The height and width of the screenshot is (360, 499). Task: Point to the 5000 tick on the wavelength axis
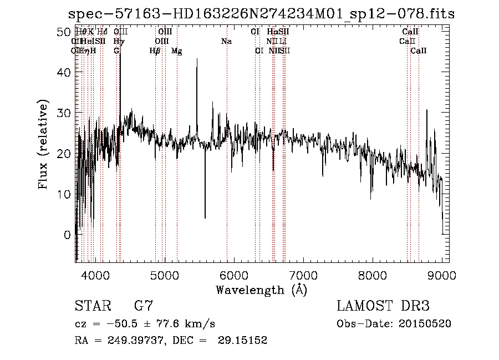tap(164, 274)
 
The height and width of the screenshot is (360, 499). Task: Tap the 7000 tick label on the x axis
tap(303, 274)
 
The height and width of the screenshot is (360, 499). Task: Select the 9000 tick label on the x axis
tap(442, 274)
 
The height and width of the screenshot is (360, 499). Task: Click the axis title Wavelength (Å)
tap(261, 290)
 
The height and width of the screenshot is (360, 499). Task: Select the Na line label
tap(226, 42)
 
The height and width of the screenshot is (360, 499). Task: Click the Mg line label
tap(176, 51)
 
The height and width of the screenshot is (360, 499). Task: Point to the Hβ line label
tap(155, 51)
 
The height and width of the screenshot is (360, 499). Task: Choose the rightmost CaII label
tap(419, 51)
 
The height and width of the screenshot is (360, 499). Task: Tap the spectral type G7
tap(144, 306)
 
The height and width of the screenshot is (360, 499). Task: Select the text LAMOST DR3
tap(383, 306)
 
